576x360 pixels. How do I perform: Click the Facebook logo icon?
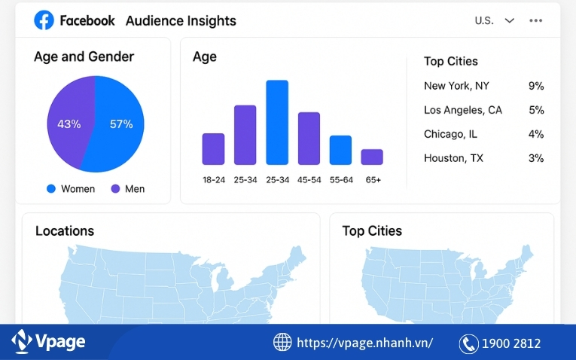coord(44,20)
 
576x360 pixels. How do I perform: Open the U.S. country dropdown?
coord(495,20)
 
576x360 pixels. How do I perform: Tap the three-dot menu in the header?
coord(535,20)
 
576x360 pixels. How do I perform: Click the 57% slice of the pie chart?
coord(120,124)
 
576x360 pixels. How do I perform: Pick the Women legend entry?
coord(71,188)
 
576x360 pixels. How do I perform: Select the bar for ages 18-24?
coord(213,148)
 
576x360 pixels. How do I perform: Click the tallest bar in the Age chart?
coord(277,122)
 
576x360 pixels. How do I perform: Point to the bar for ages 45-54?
coord(309,138)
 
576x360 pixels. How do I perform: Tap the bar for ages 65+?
coord(372,157)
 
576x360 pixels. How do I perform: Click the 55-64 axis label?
coord(340,180)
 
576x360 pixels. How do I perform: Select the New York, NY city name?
coord(456,86)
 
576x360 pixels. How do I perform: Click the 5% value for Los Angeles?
coord(536,110)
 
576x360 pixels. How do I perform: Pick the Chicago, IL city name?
coord(451,134)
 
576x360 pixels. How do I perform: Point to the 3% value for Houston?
coord(536,158)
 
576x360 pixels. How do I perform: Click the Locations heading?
coord(65,231)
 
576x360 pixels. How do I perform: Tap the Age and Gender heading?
coord(84,56)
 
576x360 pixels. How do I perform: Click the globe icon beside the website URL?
coord(282,343)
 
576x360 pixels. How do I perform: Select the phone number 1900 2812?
coord(512,343)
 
